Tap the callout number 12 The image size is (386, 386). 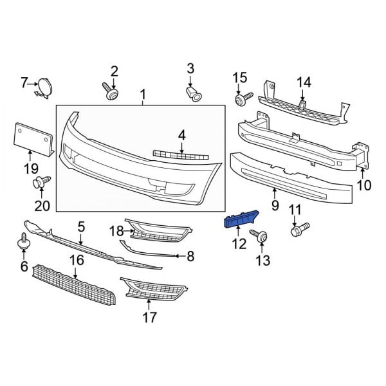[239, 244]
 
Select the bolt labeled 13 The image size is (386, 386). [262, 237]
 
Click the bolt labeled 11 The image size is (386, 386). [299, 228]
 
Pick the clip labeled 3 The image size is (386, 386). [194, 95]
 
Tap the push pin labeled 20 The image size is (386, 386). [41, 183]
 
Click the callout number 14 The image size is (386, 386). [304, 82]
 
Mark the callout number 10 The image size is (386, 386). [364, 186]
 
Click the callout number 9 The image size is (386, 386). [275, 206]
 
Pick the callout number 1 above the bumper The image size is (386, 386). [142, 96]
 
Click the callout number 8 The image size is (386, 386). [190, 257]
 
